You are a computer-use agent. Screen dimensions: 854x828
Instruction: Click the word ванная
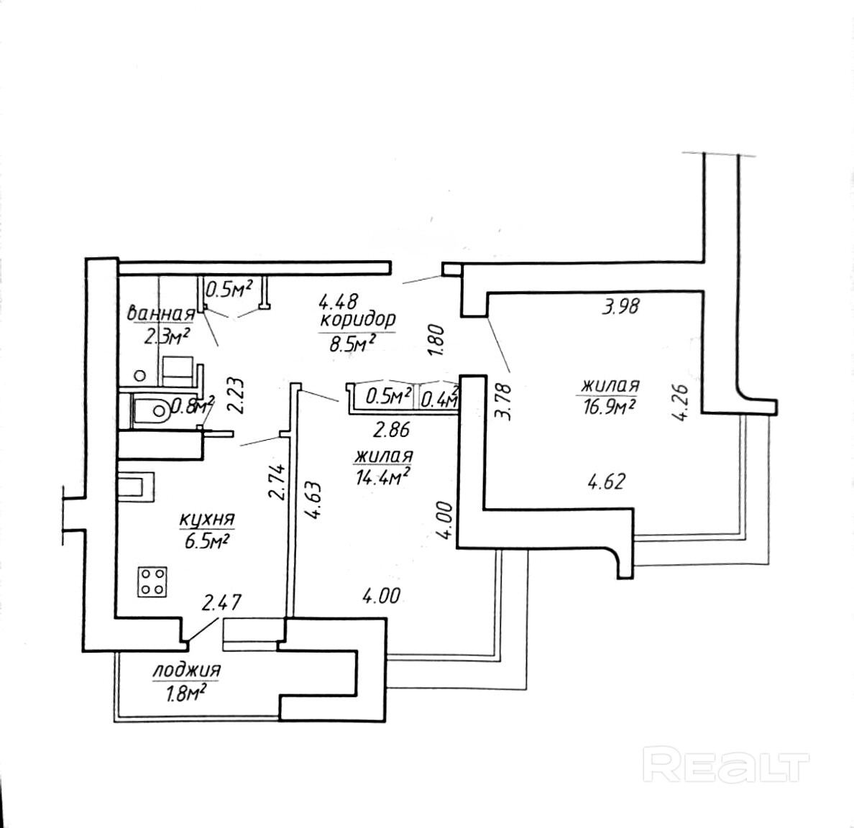click(160, 314)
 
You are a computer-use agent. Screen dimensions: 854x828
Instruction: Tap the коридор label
click(358, 318)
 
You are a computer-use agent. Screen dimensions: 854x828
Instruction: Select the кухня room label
click(207, 519)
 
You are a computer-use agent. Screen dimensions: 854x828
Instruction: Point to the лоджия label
click(186, 671)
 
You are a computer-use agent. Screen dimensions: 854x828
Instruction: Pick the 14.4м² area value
click(383, 476)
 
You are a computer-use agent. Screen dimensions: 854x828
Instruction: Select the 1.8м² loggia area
click(180, 693)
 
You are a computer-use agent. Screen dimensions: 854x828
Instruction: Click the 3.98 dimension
click(620, 308)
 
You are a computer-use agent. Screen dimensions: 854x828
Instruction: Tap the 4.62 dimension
click(607, 481)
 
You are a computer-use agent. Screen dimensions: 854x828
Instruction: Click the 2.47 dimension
click(221, 602)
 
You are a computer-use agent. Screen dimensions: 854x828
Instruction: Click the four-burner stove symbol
click(152, 581)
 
